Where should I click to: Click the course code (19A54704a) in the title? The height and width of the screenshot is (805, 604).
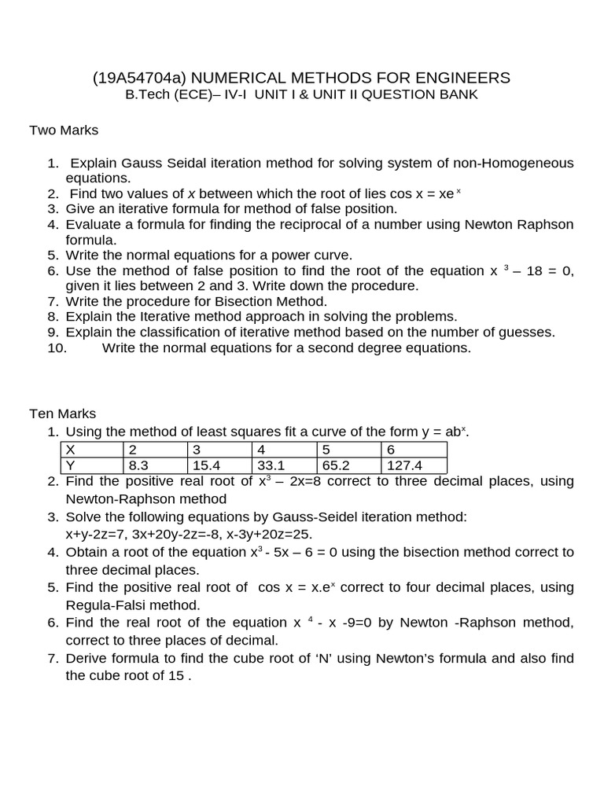[140, 78]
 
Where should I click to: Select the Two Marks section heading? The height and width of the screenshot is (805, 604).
[64, 130]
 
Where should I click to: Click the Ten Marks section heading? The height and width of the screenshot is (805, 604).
[63, 413]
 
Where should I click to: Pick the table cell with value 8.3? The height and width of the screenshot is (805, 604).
[139, 465]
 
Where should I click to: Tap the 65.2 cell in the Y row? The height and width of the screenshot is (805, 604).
[330, 465]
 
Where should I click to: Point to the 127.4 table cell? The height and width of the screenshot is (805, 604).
[393, 465]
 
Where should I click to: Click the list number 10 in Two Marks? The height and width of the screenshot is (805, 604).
[57, 347]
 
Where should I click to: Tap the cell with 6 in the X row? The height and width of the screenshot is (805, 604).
[388, 450]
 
